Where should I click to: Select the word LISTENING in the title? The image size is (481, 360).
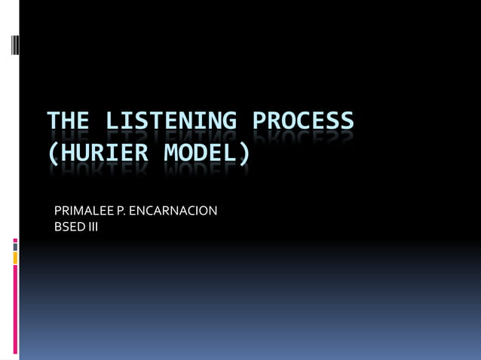point(170,121)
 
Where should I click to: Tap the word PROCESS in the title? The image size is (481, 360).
point(302,121)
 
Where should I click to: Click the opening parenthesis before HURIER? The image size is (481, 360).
point(52,154)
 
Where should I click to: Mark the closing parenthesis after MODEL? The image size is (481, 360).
point(244,154)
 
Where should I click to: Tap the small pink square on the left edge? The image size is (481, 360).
point(15,242)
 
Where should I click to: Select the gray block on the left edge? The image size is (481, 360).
point(15,248)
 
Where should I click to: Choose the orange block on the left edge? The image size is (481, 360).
point(15,258)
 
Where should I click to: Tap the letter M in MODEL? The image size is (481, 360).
point(174,153)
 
